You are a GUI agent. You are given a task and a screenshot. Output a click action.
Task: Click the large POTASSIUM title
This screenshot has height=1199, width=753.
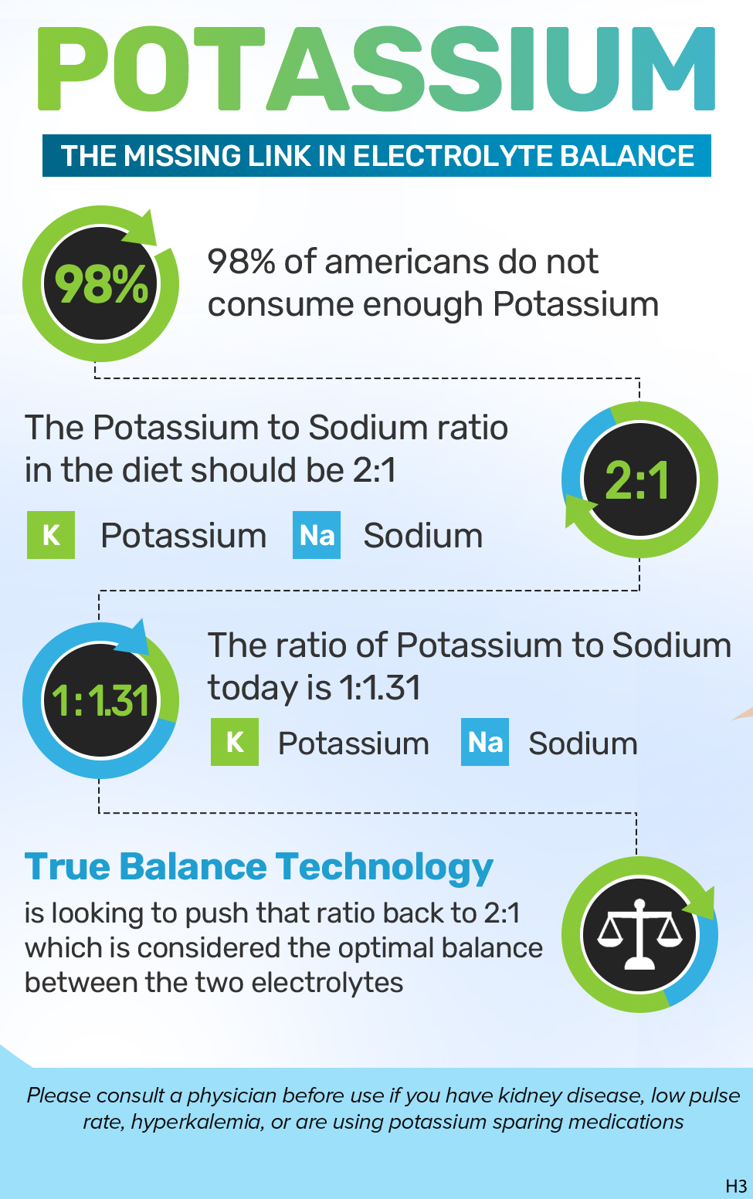pos(376,69)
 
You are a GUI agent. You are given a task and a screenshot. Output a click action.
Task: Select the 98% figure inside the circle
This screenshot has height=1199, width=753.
pos(101,284)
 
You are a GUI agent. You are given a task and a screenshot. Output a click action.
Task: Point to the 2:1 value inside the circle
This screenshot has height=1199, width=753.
pos(638,480)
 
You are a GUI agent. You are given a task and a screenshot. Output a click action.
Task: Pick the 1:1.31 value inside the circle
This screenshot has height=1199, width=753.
pos(100,701)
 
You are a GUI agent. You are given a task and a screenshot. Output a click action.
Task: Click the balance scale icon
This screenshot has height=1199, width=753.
pos(639,933)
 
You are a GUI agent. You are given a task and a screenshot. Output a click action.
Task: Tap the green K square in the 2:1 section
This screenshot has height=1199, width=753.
pos(51,535)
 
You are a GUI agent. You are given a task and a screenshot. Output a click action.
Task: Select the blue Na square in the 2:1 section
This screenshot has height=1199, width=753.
pos(317,535)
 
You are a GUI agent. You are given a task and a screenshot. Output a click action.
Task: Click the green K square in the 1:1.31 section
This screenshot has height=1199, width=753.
pos(235,742)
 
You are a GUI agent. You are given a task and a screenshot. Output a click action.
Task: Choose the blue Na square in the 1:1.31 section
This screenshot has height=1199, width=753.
pos(485,742)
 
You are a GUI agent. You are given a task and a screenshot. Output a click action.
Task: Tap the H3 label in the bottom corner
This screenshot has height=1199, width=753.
pos(736,1186)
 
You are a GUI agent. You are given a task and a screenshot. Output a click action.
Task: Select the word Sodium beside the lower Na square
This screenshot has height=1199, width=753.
pos(583,743)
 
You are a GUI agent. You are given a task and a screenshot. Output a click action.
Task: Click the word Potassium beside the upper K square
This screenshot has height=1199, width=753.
pos(184,536)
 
